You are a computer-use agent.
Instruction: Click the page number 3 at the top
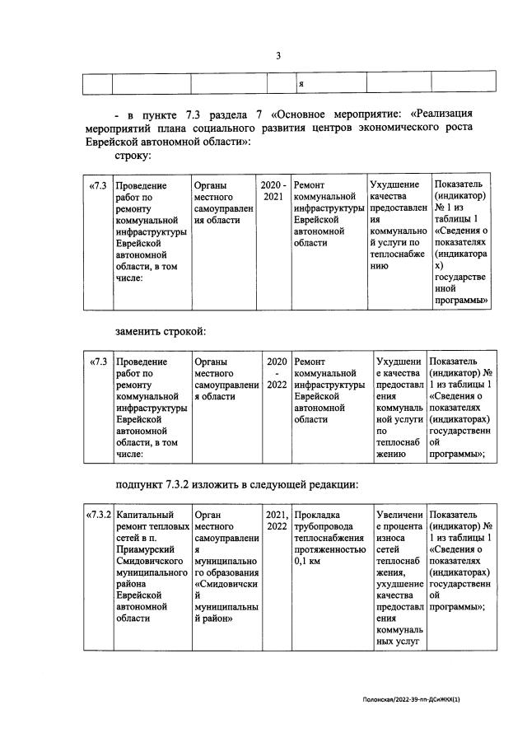[278, 56]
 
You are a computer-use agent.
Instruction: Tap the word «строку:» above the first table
[133, 156]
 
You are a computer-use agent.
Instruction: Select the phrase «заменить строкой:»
[160, 331]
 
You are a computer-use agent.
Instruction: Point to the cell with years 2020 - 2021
[274, 191]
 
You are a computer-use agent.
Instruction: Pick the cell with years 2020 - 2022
[277, 372]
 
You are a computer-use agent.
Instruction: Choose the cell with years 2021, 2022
[277, 522]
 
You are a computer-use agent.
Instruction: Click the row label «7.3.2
[99, 516]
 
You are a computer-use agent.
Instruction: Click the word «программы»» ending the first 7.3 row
[462, 301]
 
